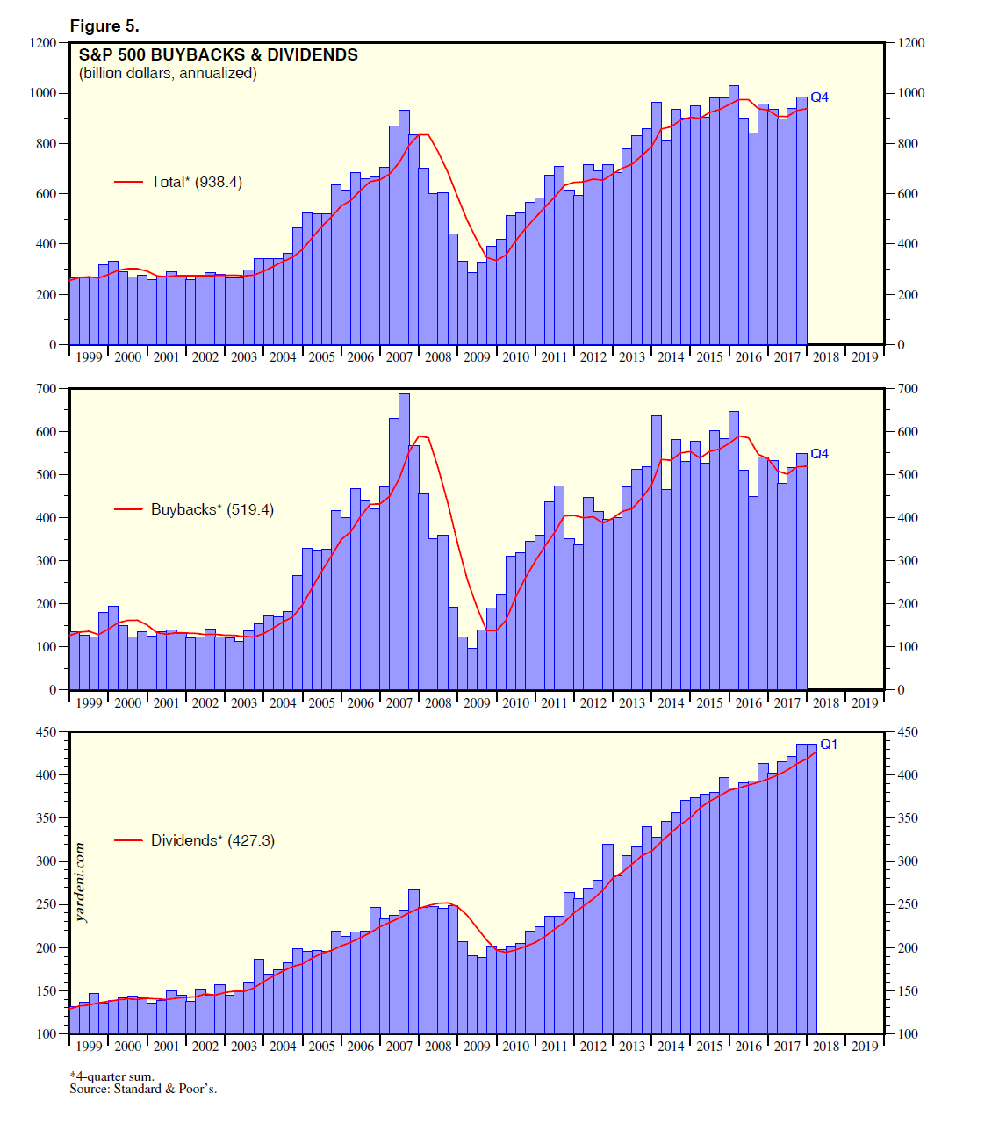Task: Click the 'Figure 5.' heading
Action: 104,26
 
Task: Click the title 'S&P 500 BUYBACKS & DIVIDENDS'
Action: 219,54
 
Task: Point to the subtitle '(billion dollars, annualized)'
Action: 168,74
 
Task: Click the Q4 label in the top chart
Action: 819,97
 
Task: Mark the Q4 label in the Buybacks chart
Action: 819,454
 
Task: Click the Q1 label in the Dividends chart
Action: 829,745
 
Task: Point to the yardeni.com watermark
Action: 81,882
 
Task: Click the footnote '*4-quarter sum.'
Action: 112,1076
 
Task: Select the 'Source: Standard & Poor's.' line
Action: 143,1089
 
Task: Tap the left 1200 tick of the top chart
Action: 45,42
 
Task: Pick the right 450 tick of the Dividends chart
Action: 908,732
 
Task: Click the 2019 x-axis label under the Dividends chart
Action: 865,1046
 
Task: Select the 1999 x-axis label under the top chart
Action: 89,356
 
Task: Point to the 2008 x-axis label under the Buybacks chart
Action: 438,702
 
